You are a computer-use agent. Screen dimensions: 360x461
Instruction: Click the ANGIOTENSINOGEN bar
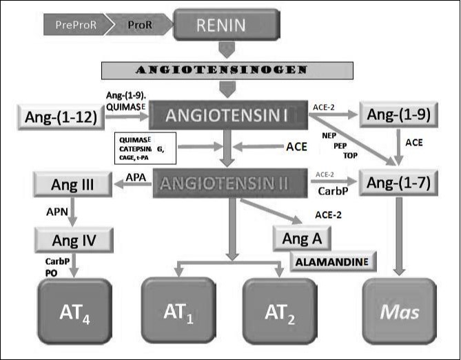click(x=227, y=70)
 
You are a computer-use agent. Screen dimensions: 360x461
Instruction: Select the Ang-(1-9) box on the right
click(x=398, y=116)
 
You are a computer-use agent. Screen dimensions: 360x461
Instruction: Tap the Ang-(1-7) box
click(x=398, y=183)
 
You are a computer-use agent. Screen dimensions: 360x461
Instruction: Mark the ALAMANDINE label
click(x=334, y=261)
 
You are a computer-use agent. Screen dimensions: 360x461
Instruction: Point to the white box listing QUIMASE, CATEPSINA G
click(x=145, y=146)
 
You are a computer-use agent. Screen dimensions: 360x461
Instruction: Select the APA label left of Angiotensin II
click(x=136, y=178)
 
